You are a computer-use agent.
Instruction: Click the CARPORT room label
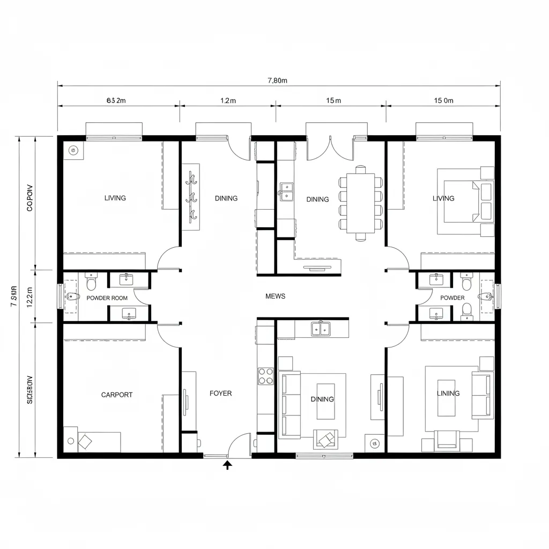pos(117,395)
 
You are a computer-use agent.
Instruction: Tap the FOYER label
pos(220,394)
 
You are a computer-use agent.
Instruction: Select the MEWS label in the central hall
pos(275,296)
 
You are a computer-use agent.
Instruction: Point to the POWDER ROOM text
pos(107,298)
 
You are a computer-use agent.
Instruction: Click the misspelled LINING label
pos(448,393)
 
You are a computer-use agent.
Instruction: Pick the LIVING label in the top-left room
pos(115,198)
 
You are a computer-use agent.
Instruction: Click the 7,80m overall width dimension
pos(277,80)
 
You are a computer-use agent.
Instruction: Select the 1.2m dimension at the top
pos(228,100)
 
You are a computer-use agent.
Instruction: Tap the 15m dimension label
pos(333,100)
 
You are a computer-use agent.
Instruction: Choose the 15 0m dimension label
pos(443,100)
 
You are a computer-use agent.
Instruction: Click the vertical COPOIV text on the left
pos(29,198)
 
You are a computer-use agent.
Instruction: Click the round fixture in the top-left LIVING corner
pos(73,151)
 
